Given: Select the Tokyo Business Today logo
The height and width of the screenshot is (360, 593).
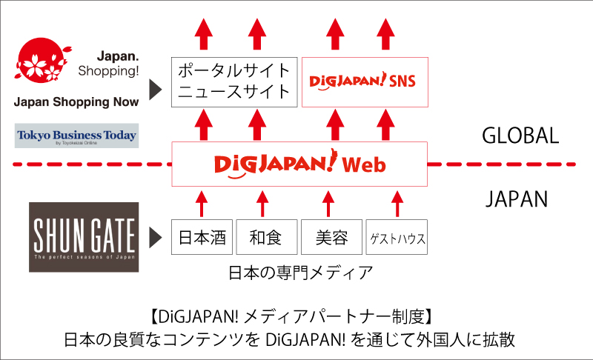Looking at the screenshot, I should click(76, 136).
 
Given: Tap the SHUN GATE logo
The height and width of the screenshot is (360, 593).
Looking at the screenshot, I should click(83, 235).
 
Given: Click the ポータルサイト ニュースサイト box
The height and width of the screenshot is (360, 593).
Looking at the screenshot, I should click(234, 82).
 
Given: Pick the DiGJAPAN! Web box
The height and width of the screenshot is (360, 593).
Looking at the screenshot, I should click(299, 164).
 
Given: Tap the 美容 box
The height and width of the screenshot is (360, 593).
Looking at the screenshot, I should click(331, 238).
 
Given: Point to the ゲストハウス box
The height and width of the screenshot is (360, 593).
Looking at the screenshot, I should click(397, 238).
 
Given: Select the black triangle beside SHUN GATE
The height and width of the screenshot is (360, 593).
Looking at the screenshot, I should click(155, 237).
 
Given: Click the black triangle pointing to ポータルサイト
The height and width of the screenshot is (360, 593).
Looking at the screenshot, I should click(155, 89).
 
